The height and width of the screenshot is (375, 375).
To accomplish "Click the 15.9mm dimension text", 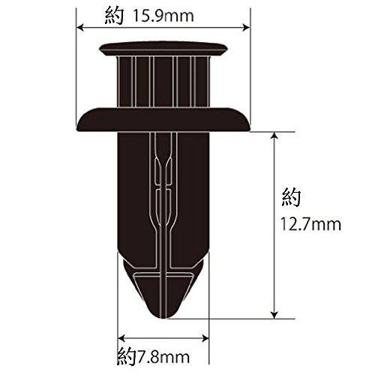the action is tap(163, 16).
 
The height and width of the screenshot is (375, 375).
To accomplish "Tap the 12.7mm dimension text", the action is tap(310, 224).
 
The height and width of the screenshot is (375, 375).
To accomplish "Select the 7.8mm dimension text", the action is tap(162, 357).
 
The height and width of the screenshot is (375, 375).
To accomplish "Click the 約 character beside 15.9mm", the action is tap(114, 16).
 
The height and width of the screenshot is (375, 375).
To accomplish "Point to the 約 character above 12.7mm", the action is tap(291, 197).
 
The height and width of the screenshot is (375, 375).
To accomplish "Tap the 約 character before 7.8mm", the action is tap(126, 357).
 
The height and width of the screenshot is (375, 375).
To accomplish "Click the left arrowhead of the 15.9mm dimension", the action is tap(79, 28).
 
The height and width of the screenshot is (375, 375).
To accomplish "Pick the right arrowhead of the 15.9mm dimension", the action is tap(246, 28).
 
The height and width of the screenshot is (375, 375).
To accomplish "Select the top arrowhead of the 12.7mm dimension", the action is tap(274, 136).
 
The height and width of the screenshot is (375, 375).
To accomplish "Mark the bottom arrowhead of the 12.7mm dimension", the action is tap(274, 315).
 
